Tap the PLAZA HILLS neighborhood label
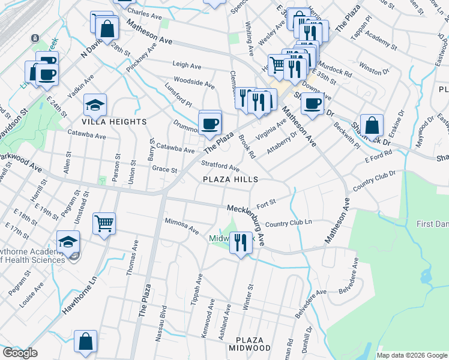(x=230, y=179)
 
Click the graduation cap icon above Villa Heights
(x=95, y=105)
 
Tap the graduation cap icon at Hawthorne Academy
(x=68, y=242)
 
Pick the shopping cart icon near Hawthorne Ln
(x=104, y=223)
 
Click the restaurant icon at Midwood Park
(x=240, y=242)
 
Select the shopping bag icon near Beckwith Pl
(x=372, y=125)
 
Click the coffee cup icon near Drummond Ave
(x=209, y=124)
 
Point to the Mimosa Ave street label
(x=181, y=225)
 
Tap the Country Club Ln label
(x=288, y=223)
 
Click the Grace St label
(x=164, y=170)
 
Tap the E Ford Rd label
(x=378, y=157)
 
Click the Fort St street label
(x=266, y=202)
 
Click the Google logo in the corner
(x=20, y=353)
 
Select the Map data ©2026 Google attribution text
(x=411, y=355)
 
